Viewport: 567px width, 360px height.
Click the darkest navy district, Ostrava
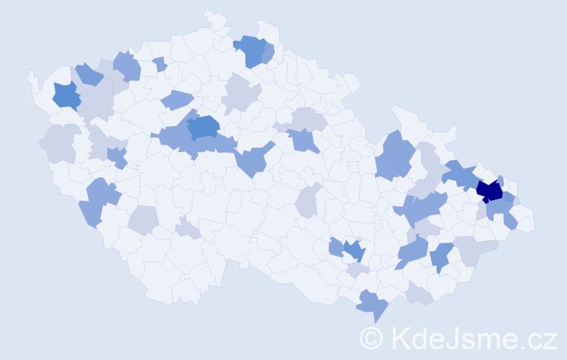click(489, 191)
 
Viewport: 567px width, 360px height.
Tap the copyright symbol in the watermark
click(372, 338)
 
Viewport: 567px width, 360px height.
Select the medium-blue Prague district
click(203, 127)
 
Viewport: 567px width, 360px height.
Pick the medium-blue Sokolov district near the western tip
click(66, 95)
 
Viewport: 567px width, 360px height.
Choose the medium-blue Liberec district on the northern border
click(251, 50)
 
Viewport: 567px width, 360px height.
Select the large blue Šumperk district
click(394, 155)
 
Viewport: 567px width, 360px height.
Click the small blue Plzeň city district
click(115, 156)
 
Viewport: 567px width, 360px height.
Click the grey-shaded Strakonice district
click(145, 220)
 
